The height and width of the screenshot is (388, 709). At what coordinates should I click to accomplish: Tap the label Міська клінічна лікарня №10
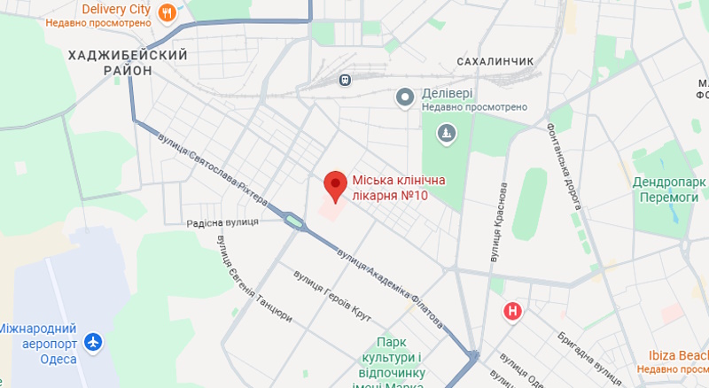point(399,187)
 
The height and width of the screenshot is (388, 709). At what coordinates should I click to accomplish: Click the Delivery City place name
point(115,9)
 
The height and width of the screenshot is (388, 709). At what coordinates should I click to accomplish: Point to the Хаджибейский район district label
point(128,62)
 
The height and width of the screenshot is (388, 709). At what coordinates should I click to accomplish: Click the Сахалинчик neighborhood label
point(495,61)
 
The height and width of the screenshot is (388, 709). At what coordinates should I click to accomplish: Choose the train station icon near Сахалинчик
point(344,80)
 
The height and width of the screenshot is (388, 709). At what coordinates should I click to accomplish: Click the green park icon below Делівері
point(447,134)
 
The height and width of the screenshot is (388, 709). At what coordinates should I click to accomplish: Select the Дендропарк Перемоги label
point(668,190)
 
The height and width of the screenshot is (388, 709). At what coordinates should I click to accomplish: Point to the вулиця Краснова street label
point(500,221)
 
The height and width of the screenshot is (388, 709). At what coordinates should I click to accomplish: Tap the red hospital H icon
point(511,311)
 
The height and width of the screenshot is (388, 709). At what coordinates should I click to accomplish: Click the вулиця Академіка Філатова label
point(390,283)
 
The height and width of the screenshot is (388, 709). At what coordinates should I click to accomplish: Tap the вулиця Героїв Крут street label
point(332,296)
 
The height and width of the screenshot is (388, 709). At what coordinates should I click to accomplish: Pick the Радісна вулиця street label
point(222,222)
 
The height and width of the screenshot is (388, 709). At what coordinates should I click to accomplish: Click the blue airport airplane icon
point(92,341)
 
